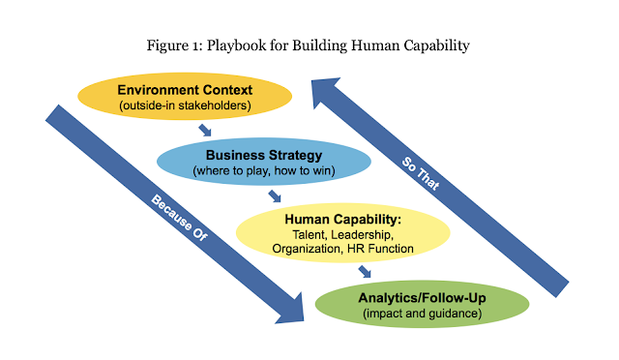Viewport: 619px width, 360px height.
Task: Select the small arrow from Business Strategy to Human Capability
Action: pyautogui.click(x=275, y=196)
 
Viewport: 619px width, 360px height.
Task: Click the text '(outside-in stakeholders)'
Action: pyautogui.click(x=184, y=105)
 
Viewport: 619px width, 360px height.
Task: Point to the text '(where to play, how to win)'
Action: pyautogui.click(x=250, y=171)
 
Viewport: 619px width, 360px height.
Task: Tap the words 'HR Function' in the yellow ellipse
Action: pyautogui.click(x=379, y=250)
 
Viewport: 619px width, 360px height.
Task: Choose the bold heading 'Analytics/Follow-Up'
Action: pyautogui.click(x=422, y=297)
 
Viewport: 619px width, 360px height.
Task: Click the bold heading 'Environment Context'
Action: pyautogui.click(x=184, y=89)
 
